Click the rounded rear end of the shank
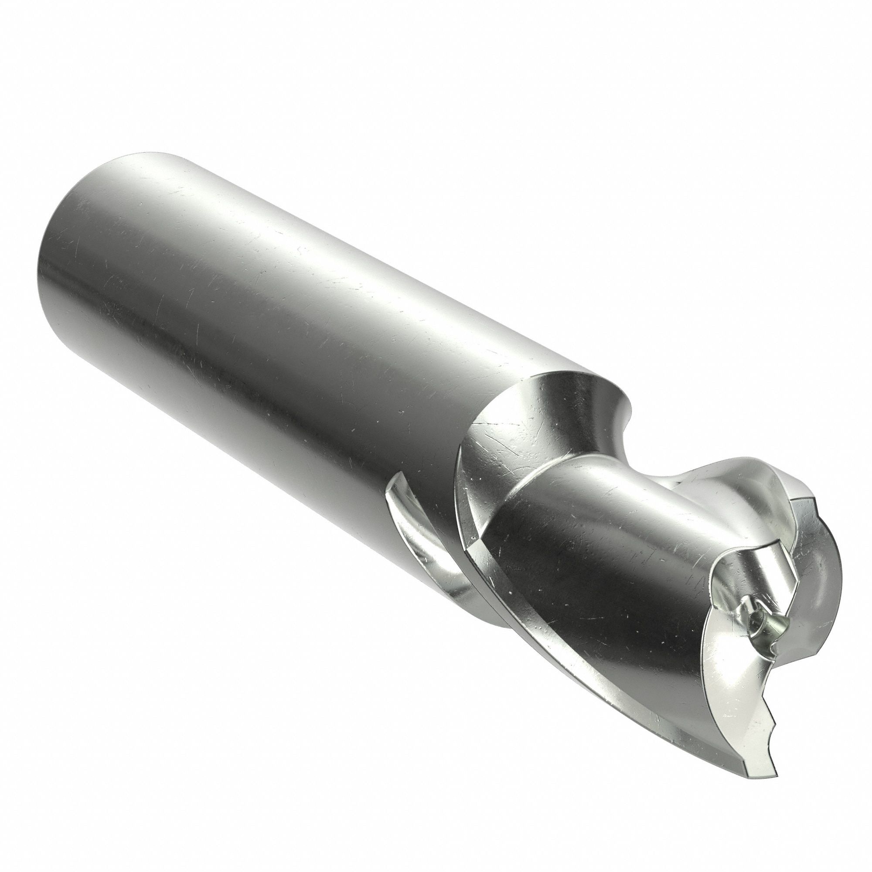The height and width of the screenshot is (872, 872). [50, 253]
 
